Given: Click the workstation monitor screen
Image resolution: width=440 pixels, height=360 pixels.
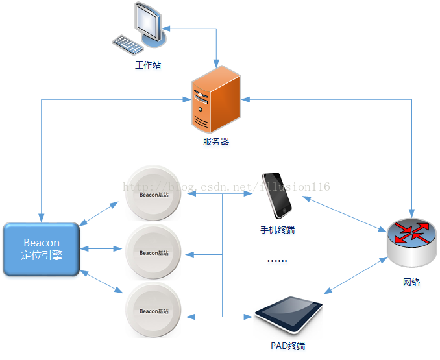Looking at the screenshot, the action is pos(147,21).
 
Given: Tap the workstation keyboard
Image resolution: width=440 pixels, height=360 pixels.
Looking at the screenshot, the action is pos(127,45).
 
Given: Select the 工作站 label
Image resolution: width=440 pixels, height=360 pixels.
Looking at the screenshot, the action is pos(148,65).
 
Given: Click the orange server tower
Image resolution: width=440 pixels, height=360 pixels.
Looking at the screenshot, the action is pos(216,99).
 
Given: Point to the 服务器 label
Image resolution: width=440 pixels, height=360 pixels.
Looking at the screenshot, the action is pos(216,141).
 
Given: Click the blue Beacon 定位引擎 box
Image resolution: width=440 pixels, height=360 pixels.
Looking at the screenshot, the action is pos(42,249).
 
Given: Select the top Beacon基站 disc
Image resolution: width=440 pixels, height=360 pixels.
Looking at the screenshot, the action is pos(153,193).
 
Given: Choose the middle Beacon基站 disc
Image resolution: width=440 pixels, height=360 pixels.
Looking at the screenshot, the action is pos(153,252).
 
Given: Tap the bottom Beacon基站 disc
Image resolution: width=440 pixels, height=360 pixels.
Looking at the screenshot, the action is pos(153,310).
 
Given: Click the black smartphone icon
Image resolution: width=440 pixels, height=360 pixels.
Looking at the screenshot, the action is pos(276,195).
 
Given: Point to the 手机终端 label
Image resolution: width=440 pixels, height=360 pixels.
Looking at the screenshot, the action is pos(277,230).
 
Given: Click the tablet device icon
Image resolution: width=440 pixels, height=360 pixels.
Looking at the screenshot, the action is pos(289,315).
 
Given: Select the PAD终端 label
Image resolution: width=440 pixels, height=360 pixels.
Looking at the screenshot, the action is pos(287,346).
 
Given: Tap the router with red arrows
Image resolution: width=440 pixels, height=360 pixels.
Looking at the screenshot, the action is pos(411,243).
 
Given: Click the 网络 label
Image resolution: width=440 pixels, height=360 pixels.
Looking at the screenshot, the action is pos(411,282).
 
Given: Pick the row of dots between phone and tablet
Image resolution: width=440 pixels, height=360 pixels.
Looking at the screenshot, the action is pos(277,261).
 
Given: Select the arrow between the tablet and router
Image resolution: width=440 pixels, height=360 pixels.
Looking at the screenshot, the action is pos(355,275).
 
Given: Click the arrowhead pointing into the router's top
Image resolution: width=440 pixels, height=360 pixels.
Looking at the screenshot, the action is pos(411,213).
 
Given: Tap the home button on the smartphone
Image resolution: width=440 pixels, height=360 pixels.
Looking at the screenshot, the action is pos(284,210).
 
